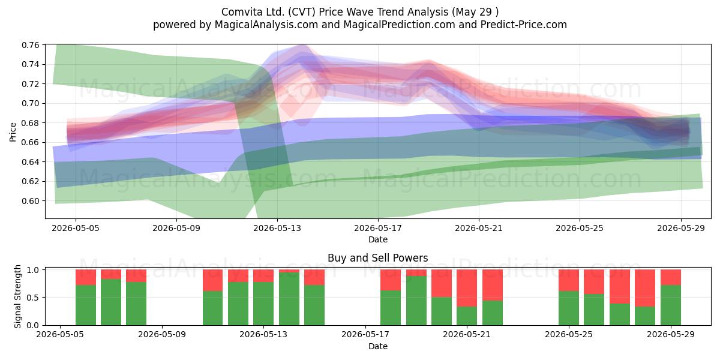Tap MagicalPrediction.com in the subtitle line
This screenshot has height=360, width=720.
click(399, 25)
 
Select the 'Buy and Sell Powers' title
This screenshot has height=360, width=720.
click(377, 258)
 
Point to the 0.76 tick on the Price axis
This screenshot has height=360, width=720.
click(30, 45)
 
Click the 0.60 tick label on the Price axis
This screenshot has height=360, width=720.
click(30, 201)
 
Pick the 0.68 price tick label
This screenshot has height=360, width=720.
click(30, 123)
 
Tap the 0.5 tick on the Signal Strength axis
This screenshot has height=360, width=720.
click(33, 298)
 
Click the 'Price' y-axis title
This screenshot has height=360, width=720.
click(13, 132)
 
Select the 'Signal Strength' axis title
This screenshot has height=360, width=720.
click(17, 296)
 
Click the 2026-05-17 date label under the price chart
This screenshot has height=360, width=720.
click(378, 228)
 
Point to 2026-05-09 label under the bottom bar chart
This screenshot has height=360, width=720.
click(161, 335)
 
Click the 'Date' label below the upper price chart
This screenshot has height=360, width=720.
click(378, 239)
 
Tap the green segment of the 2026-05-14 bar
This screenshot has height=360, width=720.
click(289, 299)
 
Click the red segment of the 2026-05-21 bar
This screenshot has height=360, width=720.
click(467, 288)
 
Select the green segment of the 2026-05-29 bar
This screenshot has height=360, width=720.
click(671, 305)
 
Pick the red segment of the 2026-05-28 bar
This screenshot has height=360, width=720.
click(645, 288)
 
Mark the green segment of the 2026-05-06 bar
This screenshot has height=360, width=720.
click(86, 305)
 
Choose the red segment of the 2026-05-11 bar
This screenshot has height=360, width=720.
click(212, 280)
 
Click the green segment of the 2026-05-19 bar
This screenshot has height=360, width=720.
click(416, 301)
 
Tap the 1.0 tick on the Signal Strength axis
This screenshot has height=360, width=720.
click(33, 269)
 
